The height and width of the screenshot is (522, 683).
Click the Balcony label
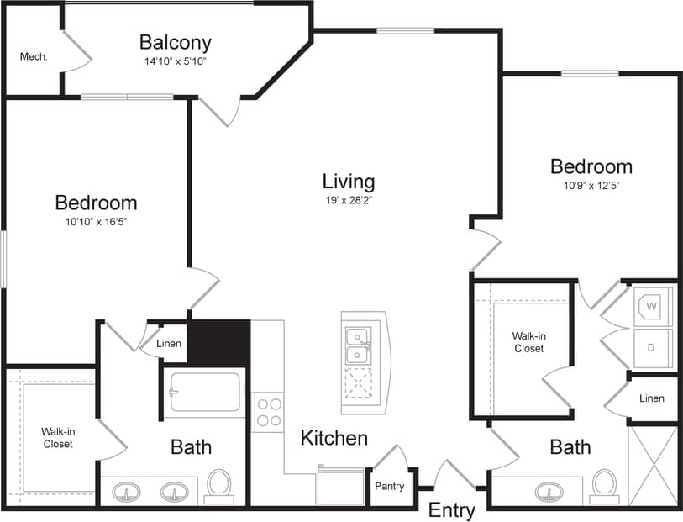175,42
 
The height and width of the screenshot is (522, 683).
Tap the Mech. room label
34,57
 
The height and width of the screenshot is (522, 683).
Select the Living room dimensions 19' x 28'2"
348,201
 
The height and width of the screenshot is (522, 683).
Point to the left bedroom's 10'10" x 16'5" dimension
96,222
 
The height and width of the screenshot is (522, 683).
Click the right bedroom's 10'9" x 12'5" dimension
591,186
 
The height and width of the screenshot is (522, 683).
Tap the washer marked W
653,306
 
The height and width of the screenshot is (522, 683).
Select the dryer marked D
653,346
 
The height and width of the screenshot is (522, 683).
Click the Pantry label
390,486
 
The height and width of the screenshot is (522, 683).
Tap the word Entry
452,510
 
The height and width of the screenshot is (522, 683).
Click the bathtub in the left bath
204,393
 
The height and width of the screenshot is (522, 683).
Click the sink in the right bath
549,491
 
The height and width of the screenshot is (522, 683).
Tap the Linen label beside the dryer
651,398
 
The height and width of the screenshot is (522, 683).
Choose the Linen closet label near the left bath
169,343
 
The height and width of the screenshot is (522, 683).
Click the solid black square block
218,342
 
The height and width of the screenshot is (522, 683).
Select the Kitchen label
334,438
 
